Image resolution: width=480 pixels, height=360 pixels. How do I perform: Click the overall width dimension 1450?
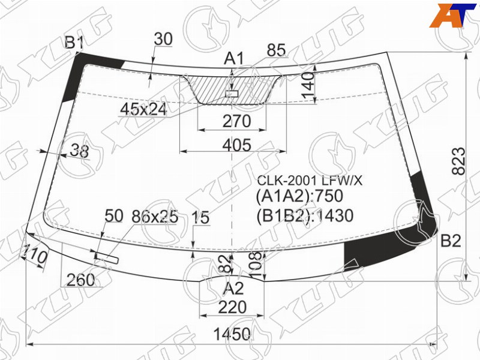[x=232, y=334]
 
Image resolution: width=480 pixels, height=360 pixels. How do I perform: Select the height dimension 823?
[x=458, y=161]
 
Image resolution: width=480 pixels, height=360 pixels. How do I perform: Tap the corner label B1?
[x=74, y=43]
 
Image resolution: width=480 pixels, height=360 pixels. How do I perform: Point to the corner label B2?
[x=451, y=241]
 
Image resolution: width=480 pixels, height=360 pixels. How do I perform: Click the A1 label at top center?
[x=234, y=58]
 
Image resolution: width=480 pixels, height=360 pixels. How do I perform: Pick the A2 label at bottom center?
[x=233, y=289]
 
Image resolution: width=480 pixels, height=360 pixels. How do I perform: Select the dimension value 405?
[x=237, y=145]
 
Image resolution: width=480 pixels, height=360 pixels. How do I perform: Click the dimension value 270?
[x=236, y=121]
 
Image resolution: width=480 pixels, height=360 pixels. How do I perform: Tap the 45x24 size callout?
[x=143, y=109]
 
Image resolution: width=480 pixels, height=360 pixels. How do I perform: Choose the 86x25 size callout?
[x=155, y=217]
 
